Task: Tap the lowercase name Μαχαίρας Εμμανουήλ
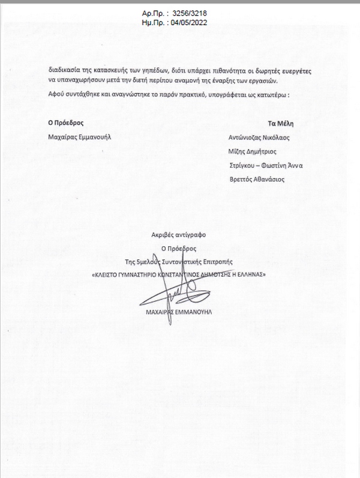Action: pyautogui.click(x=80, y=136)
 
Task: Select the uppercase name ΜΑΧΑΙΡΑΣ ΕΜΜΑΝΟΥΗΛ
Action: pyautogui.click(x=179, y=313)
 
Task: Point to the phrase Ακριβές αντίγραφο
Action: pyautogui.click(x=178, y=235)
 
